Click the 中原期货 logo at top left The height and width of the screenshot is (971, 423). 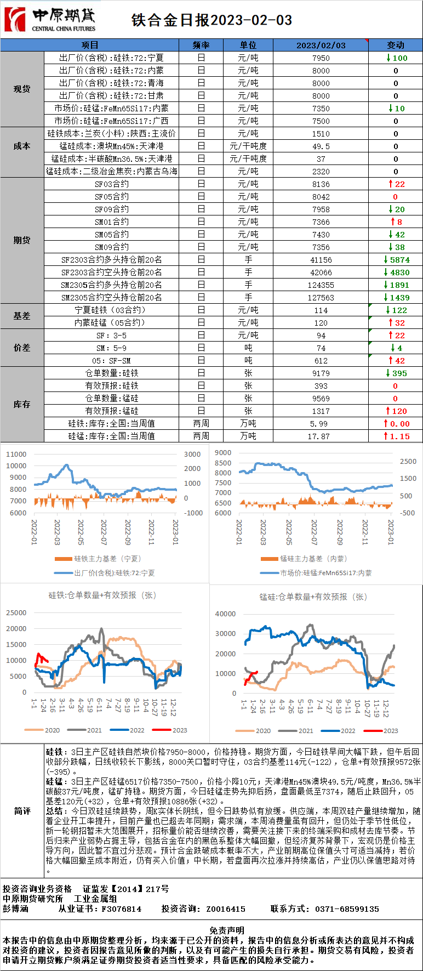tap(50, 19)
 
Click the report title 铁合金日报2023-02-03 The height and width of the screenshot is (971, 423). tap(211, 20)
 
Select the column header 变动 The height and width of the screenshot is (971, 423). tap(395, 45)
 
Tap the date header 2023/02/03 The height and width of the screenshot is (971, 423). tap(321, 45)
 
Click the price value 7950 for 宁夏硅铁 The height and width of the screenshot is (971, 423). tap(321, 58)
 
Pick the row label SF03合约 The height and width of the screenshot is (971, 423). tap(112, 184)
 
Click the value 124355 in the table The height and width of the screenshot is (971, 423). tap(321, 285)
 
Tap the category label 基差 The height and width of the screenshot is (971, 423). tap(22, 316)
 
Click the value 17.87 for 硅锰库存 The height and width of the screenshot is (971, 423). tap(321, 436)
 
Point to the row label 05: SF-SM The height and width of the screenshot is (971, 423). tap(112, 360)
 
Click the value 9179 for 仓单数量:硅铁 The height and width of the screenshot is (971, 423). tap(321, 373)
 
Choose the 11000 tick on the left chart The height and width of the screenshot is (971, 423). tap(16, 454)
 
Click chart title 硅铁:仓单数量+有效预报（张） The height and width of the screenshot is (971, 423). tap(102, 595)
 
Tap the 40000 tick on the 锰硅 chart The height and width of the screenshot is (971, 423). tap(225, 614)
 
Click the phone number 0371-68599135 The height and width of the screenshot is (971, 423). tap(347, 908)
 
